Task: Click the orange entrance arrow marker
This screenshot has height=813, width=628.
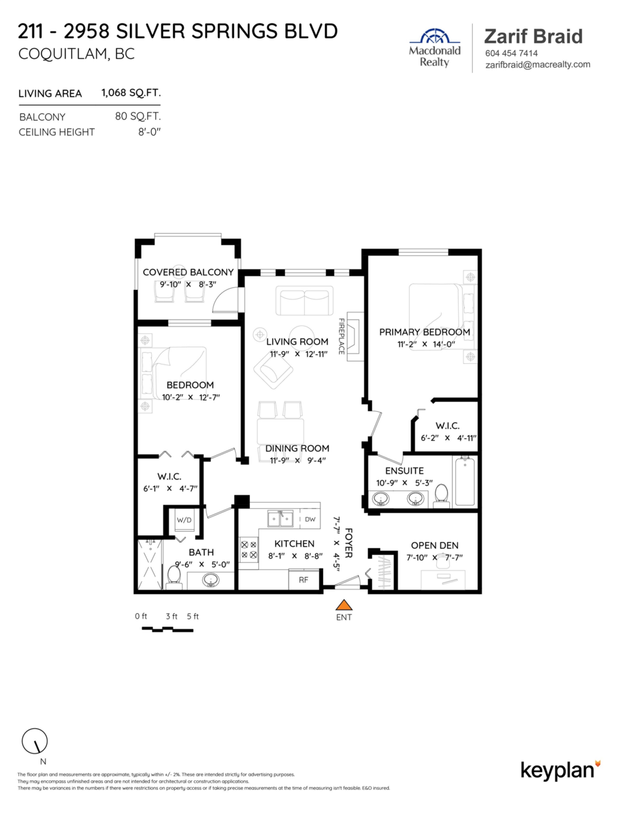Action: point(345,605)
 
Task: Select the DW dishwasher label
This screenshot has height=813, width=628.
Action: point(310,520)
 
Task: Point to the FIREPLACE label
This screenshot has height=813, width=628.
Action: point(341,337)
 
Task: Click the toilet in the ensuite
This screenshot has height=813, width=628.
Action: point(442,495)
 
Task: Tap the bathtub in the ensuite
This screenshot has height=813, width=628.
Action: point(465,481)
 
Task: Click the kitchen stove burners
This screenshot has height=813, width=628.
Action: point(249,549)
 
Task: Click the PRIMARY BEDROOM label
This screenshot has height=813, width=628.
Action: point(424,332)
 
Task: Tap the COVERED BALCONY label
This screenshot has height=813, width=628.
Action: point(188,272)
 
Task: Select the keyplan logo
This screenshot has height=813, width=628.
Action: point(560,770)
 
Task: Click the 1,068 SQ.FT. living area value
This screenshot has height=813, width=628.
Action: point(131,93)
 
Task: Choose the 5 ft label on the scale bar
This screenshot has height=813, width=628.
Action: point(192,617)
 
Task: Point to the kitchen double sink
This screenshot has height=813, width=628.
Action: point(280,519)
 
